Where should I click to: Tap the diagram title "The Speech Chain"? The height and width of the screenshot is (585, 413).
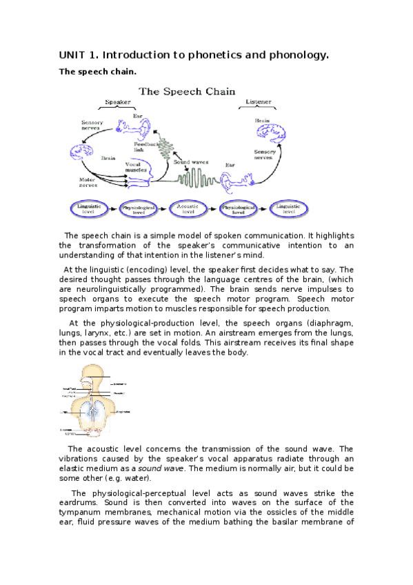(x=187, y=91)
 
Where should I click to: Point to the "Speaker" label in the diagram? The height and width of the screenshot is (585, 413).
(x=117, y=102)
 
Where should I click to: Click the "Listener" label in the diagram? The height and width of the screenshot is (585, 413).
(x=259, y=102)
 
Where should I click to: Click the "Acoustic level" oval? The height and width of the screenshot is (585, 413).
(x=188, y=209)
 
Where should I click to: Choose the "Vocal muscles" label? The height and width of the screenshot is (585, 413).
(x=134, y=167)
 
